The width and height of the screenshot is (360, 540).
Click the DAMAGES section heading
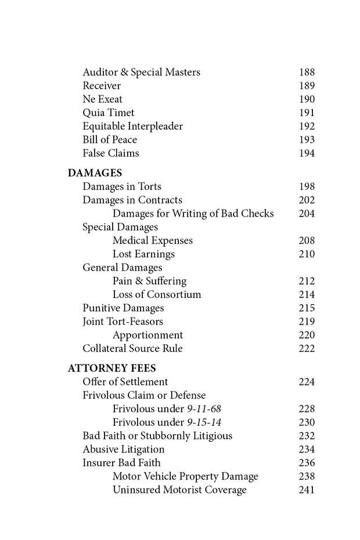95,173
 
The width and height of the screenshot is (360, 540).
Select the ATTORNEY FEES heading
111,368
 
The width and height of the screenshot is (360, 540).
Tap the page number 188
306,73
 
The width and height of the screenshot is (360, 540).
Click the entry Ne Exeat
102,99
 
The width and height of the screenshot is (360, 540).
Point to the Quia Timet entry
108,113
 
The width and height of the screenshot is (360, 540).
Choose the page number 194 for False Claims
306,153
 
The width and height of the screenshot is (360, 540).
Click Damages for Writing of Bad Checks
193,214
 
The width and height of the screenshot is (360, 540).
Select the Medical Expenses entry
152,240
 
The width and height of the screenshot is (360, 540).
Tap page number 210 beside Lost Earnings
306,254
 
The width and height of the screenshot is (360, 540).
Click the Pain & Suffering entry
149,281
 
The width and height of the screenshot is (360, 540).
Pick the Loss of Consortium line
157,294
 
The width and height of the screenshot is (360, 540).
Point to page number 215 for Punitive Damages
306,308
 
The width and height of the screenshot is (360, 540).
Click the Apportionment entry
147,335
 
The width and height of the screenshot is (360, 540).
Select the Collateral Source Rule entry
132,348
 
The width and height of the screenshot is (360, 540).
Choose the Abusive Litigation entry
123,449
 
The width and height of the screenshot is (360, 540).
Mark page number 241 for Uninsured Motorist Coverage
306,490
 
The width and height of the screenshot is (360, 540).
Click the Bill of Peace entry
110,140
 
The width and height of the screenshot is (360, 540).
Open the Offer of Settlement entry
125,381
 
